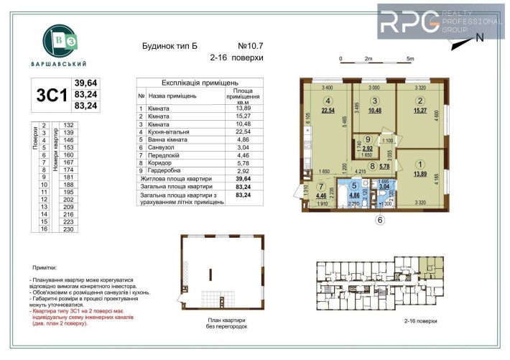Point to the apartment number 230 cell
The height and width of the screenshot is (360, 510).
(70, 229)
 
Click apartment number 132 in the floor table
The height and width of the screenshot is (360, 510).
(70, 125)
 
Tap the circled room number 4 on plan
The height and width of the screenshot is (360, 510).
(328, 101)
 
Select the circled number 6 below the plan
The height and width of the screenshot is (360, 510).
(381, 221)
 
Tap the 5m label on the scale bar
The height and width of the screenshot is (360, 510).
(410, 58)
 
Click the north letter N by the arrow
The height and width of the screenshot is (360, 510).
(480, 37)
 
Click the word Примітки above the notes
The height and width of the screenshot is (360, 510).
(45, 267)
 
